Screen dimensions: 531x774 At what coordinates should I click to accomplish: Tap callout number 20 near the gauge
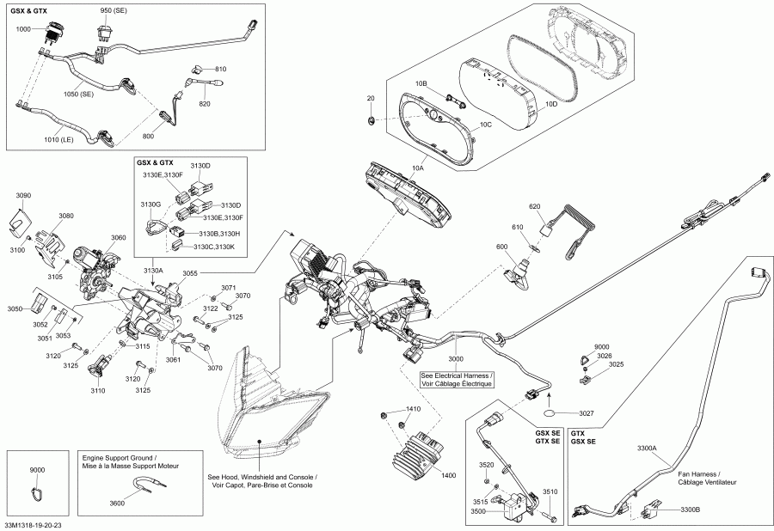click(x=371, y=99)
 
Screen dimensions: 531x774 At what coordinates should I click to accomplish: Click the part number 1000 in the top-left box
click(x=23, y=28)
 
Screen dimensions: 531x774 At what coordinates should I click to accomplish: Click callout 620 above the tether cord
click(x=534, y=207)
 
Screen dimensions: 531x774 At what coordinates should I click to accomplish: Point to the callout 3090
click(x=23, y=196)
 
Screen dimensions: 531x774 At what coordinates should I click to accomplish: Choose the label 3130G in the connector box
click(x=152, y=204)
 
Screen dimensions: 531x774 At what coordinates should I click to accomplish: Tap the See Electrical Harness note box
click(x=457, y=380)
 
